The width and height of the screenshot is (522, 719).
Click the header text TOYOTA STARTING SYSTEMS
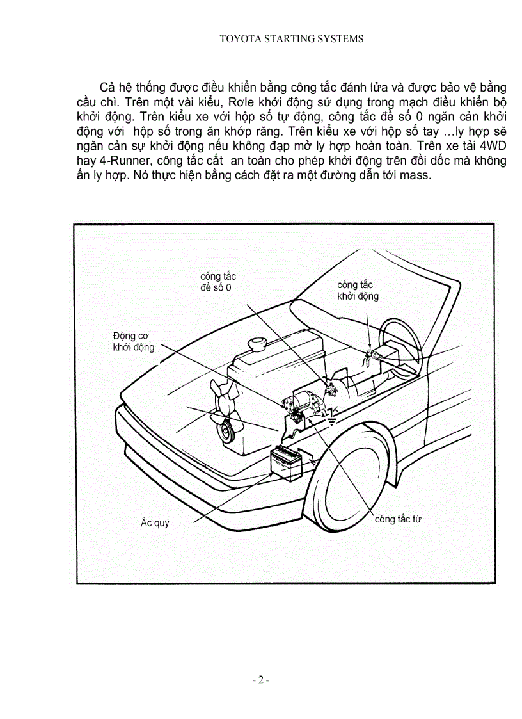coord(291,38)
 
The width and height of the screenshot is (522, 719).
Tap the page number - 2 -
coord(261,680)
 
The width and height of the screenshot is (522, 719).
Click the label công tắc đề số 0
coord(217,282)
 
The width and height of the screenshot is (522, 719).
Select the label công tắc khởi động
coord(358,290)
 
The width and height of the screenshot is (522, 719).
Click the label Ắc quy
coord(155,523)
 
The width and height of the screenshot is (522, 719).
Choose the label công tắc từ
coord(398,519)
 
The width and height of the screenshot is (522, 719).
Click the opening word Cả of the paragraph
coord(107,86)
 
